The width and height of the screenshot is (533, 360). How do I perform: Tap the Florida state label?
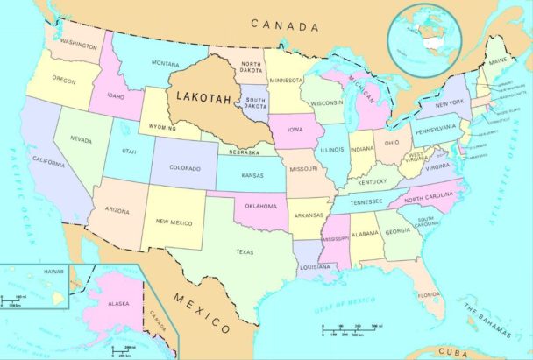430,294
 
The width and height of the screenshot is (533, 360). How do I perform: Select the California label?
48,164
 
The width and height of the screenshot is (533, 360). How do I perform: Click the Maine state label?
498,61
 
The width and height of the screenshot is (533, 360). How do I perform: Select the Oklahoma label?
259,207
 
